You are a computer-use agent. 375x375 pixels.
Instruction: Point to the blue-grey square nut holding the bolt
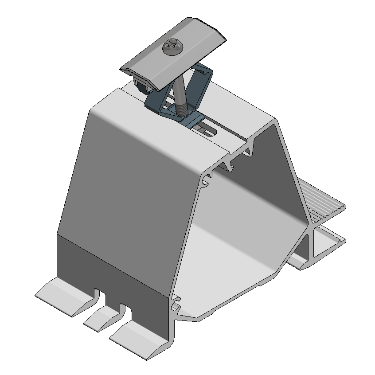[x=193, y=120]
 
